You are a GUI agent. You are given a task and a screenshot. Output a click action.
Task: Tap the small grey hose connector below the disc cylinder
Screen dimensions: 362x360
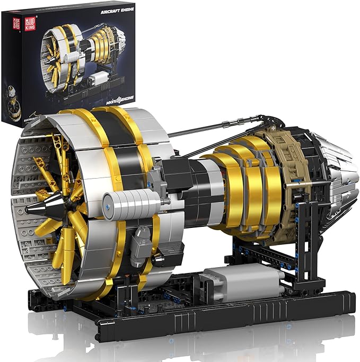pyautogui.click(x=143, y=235)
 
